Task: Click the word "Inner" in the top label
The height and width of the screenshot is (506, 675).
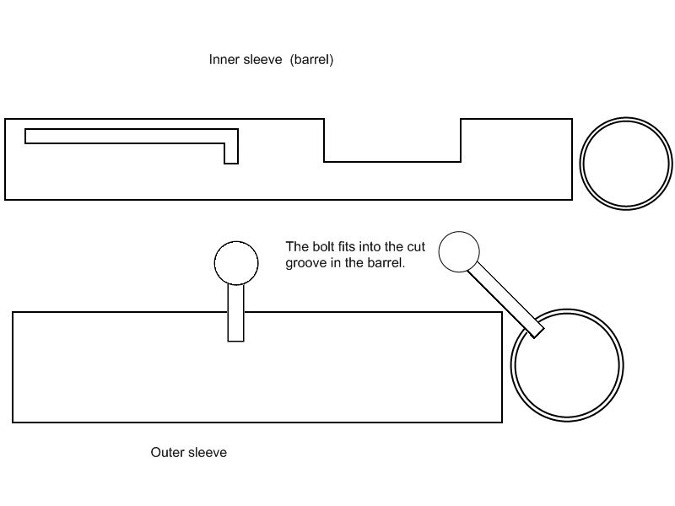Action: [x=224, y=60]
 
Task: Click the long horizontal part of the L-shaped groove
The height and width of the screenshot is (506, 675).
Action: [x=127, y=136]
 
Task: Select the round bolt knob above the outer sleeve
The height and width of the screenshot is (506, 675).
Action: [x=235, y=263]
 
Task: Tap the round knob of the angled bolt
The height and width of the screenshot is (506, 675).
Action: [x=459, y=251]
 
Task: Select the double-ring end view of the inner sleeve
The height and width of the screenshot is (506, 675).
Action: [x=626, y=161]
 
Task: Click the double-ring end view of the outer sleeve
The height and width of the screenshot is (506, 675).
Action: [x=567, y=366]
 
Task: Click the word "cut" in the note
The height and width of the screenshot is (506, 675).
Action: [x=416, y=247]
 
